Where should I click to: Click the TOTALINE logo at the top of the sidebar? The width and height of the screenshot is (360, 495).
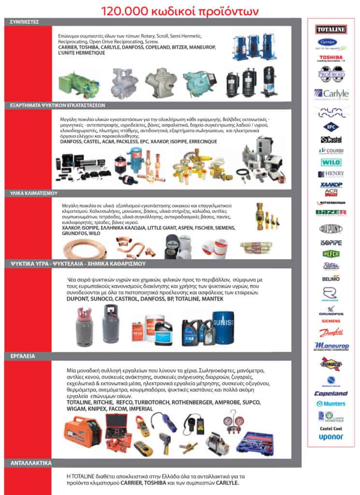pos(331,29)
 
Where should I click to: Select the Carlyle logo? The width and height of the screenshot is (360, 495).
pos(331,94)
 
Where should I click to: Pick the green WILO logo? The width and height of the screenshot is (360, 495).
pos(331,162)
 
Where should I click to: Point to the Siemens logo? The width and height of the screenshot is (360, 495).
pos(331,321)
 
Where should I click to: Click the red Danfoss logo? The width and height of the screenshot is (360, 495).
pos(331,333)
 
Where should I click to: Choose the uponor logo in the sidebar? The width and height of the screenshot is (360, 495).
pos(331,437)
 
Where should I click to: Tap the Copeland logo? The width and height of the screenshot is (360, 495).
pos(331,393)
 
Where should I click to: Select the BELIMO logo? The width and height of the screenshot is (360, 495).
pos(331,278)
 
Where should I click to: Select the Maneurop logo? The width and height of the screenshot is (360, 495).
pos(331,347)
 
